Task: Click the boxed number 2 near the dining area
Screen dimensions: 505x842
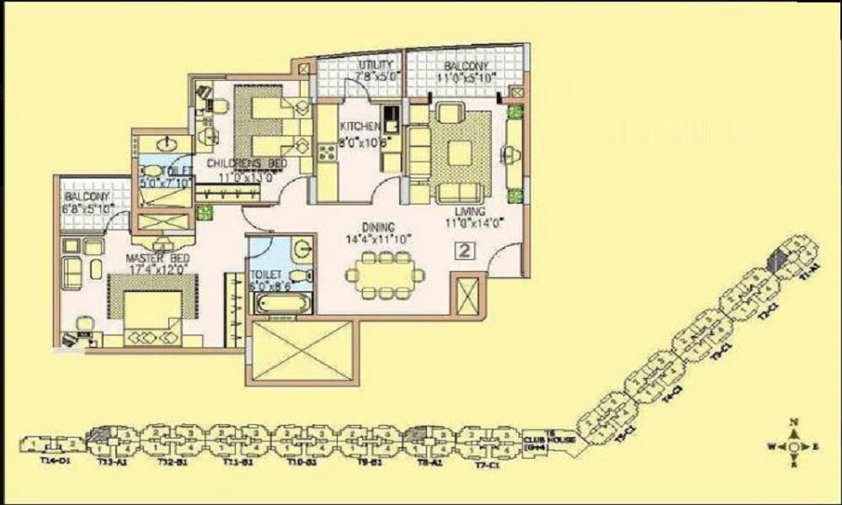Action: click(x=463, y=250)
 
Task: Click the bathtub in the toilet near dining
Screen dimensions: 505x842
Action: click(x=280, y=301)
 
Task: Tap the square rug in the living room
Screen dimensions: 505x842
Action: click(x=459, y=151)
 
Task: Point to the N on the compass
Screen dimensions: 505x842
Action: click(x=793, y=423)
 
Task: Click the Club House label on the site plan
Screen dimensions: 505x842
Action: click(x=537, y=440)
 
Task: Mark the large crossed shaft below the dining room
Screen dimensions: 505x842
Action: click(x=295, y=349)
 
